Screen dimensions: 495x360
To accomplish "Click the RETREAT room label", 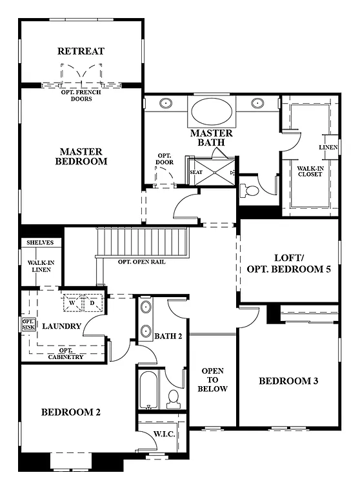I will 81,51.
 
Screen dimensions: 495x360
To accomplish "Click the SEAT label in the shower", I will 195,172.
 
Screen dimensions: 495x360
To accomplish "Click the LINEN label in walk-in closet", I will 328,147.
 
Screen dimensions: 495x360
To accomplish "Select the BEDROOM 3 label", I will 288,381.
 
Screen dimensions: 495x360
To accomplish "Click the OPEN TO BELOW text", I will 213,380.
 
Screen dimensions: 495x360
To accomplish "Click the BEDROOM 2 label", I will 71,412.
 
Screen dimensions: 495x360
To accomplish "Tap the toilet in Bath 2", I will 172,399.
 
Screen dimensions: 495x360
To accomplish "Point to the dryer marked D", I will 92,302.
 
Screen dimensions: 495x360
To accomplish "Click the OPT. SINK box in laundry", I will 28,325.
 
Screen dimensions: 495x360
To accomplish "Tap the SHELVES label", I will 40,242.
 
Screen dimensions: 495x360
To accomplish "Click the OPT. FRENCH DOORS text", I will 81,95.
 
